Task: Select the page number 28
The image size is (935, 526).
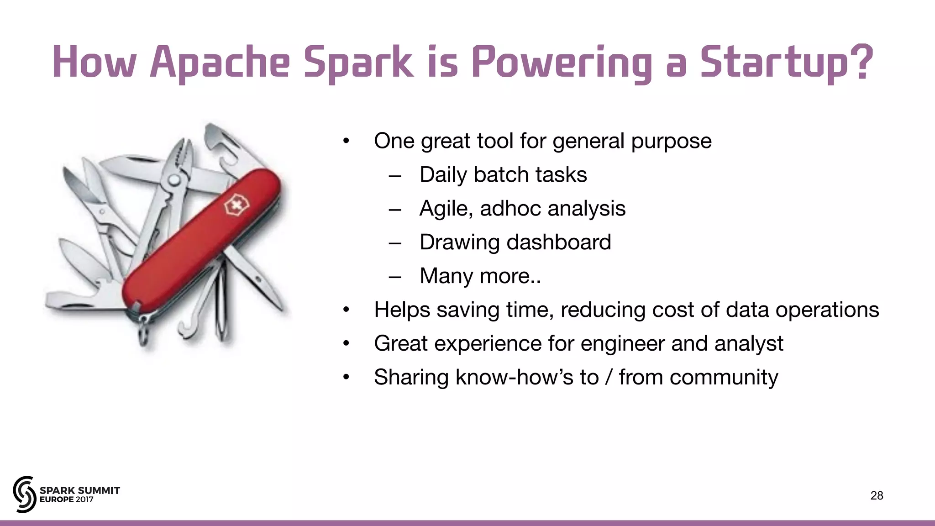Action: pos(877,495)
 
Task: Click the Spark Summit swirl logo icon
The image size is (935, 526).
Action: pos(24,494)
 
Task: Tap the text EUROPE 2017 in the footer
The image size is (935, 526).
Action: pos(67,500)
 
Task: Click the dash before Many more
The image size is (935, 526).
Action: pos(395,277)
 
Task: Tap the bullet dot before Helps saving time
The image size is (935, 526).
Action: pos(347,310)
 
